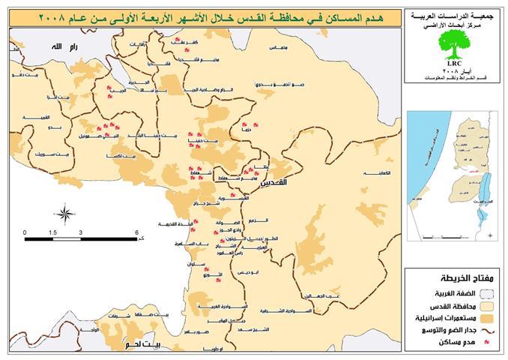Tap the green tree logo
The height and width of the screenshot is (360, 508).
coord(453,43)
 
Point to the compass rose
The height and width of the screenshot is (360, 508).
coord(65,214)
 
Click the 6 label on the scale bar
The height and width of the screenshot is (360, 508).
coord(137,232)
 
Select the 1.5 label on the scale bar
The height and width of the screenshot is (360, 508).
coord(53,232)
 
